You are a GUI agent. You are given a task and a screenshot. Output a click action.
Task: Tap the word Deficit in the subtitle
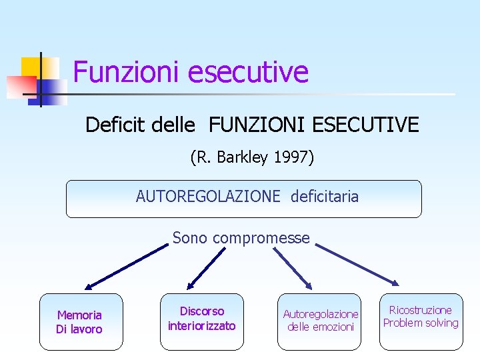[111, 125]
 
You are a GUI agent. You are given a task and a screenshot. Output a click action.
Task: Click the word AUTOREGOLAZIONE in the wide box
[208, 197]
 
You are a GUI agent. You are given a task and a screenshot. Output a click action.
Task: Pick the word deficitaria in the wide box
[325, 197]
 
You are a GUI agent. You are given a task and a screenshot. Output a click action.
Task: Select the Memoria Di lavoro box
[81, 322]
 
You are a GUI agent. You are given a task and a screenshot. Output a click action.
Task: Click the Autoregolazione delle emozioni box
[320, 321]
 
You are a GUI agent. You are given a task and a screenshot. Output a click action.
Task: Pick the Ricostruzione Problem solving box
[421, 321]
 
